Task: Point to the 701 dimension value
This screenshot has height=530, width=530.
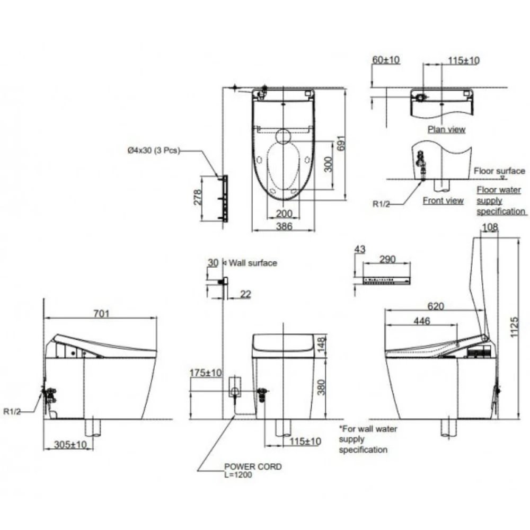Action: [101, 313]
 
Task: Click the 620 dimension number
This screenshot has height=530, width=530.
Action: [435, 306]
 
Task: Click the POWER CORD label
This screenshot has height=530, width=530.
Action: [253, 467]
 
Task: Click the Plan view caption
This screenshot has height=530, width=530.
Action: [446, 129]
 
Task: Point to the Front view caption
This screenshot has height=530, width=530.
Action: [443, 200]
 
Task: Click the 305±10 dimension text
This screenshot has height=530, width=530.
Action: [69, 445]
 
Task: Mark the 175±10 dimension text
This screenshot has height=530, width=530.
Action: [206, 373]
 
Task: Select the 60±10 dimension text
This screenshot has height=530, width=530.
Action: [385, 60]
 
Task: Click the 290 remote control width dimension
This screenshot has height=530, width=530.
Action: [387, 260]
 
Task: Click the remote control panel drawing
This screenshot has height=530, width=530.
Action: [386, 280]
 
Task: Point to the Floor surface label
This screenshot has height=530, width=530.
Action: [499, 171]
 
